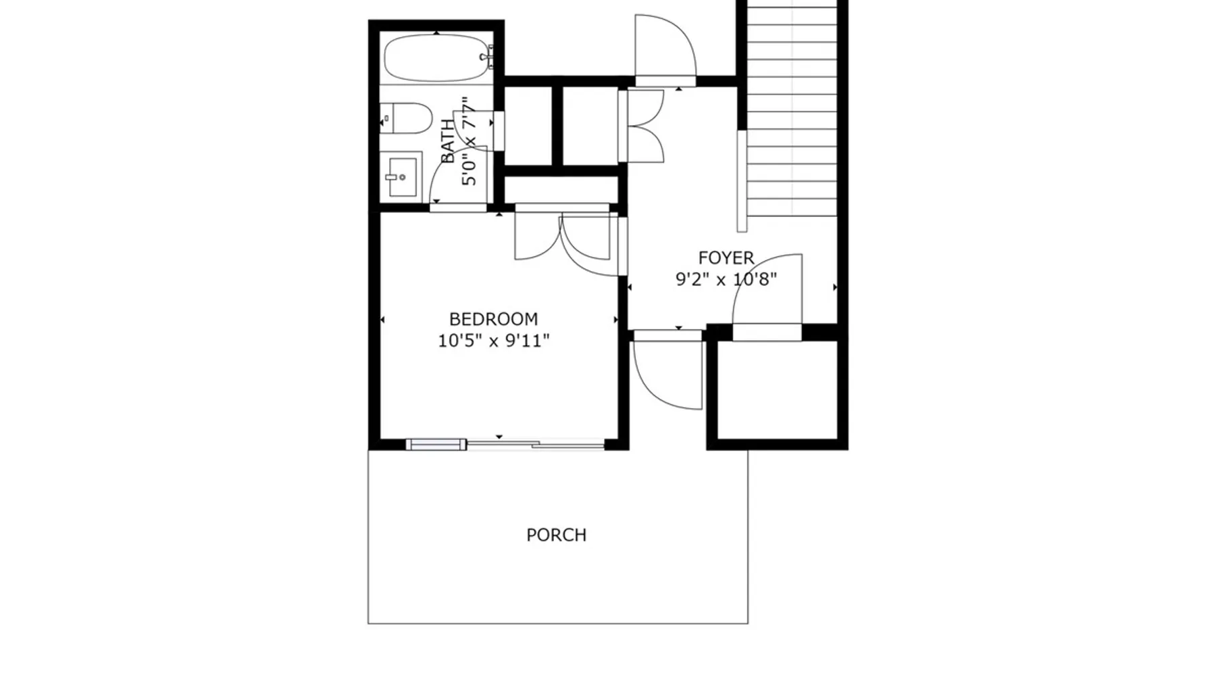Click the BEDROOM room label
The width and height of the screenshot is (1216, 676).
493,318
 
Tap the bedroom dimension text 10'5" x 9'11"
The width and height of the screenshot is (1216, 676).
493,340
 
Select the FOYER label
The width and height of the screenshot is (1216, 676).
726,258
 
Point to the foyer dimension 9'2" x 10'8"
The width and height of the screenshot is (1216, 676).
726,279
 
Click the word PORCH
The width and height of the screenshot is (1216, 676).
557,535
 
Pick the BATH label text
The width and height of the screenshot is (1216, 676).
448,141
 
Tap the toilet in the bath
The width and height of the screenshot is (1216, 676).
405,118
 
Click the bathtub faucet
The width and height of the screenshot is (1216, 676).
487,57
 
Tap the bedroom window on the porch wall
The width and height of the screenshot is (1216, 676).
436,444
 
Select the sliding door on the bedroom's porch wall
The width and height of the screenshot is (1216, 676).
536,444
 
